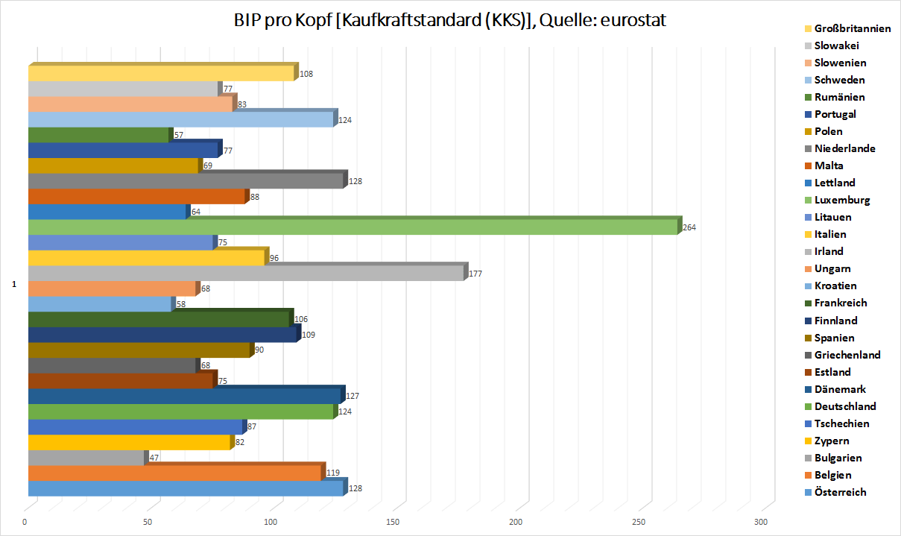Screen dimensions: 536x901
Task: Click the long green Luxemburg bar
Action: pos(350,227)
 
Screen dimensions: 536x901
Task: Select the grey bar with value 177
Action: pos(246,274)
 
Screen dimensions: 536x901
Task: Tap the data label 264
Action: pos(689,227)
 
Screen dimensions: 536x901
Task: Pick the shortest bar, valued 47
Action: pos(86,458)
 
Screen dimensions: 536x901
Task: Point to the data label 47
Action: pos(154,458)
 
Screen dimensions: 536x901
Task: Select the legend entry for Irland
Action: pos(829,251)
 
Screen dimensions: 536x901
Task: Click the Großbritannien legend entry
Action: pos(853,28)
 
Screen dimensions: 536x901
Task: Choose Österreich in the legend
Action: pos(840,492)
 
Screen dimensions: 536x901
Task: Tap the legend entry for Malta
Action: pos(829,165)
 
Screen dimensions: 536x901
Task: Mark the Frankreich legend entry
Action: pos(841,303)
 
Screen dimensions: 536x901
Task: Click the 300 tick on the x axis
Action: pos(760,521)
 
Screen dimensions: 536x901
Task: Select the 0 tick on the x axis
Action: pos(25,521)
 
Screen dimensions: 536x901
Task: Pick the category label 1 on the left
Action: pos(13,284)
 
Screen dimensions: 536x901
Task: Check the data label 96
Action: pos(274,258)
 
